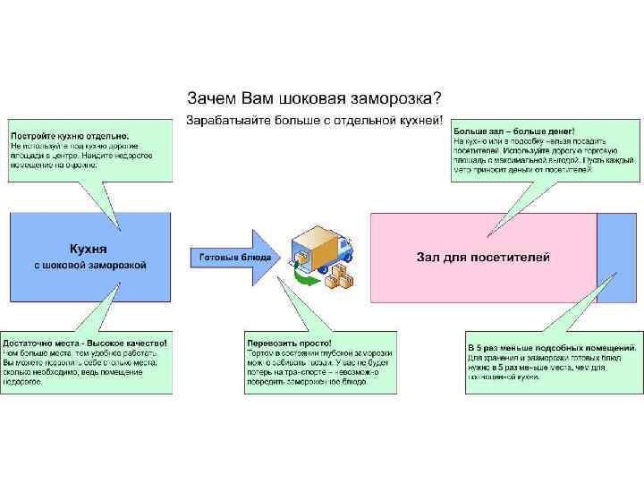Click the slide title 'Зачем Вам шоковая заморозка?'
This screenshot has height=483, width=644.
point(313,97)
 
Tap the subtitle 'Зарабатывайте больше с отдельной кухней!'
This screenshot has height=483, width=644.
point(313,119)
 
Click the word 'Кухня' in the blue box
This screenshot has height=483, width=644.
point(89,249)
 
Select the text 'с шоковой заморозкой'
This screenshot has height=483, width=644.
point(89,265)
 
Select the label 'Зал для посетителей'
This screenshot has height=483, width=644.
point(483,258)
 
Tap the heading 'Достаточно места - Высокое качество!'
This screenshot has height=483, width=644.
point(85,343)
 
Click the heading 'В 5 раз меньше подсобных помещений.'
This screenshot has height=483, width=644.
point(552,347)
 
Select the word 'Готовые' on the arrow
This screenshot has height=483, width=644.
point(214,258)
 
